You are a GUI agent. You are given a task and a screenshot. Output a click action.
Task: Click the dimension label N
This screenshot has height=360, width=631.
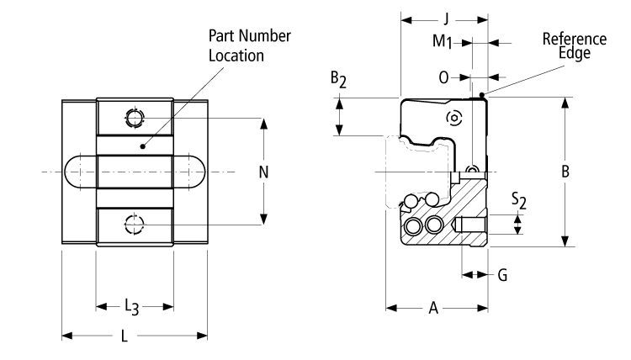[264, 172]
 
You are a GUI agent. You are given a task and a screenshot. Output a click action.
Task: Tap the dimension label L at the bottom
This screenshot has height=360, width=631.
[125, 336]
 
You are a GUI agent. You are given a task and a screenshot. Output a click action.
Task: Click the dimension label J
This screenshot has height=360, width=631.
[445, 18]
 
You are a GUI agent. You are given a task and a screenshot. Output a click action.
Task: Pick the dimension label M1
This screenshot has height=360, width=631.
[443, 40]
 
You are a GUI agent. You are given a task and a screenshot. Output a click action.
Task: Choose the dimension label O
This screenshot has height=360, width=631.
[445, 77]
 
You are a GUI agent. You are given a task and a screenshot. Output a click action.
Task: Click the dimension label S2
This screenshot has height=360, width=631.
[519, 200]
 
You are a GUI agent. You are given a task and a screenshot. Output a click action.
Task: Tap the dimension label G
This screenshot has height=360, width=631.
[502, 274]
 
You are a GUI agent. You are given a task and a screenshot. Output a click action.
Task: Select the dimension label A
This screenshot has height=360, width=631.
[434, 308]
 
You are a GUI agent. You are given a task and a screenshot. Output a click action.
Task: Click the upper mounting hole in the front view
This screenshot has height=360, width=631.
[133, 119]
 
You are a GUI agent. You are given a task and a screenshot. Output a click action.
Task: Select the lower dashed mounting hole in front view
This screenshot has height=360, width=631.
[133, 225]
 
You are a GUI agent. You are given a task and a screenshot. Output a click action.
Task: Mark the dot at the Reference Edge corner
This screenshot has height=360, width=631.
[480, 94]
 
